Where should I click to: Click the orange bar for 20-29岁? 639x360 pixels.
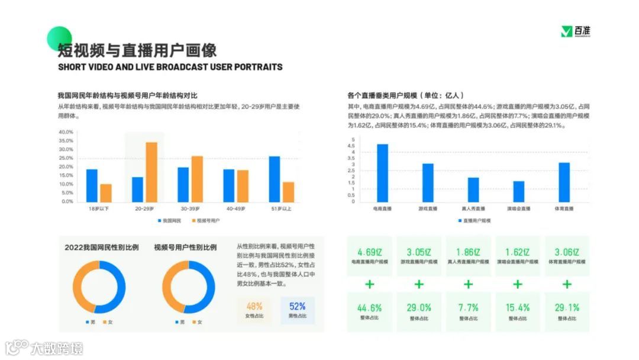(151, 172)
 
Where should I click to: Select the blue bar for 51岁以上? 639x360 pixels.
(275, 179)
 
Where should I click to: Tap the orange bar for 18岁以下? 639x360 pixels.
(106, 192)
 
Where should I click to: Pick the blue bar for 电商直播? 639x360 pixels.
(382, 173)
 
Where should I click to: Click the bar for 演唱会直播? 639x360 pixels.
(519, 191)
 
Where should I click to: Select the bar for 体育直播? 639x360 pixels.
(564, 182)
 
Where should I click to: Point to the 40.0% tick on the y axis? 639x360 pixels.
(66, 132)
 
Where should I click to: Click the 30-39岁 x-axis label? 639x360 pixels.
(191, 209)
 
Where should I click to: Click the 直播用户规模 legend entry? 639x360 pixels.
(475, 220)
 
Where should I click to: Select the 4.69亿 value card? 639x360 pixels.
(370, 256)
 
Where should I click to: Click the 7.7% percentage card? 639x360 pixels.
(468, 312)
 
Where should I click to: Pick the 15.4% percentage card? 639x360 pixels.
(517, 312)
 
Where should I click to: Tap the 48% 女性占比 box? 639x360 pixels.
(254, 310)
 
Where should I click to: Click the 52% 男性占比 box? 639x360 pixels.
(297, 310)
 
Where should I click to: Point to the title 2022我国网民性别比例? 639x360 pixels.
(102, 247)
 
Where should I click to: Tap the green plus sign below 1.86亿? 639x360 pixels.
(468, 284)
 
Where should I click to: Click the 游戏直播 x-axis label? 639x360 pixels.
(428, 209)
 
